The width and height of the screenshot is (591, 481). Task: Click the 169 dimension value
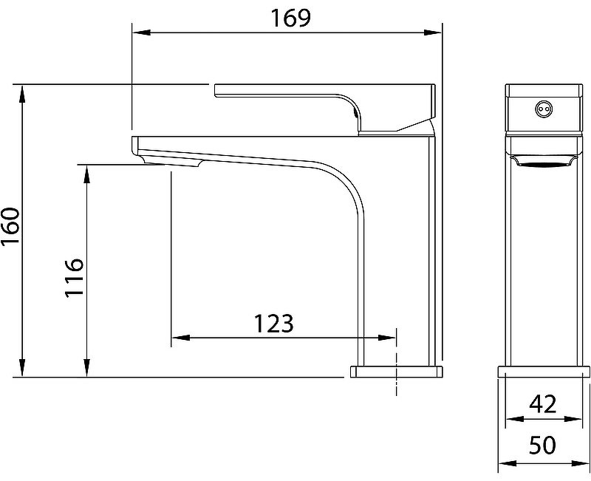click(x=291, y=18)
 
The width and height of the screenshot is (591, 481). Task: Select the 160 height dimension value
click(x=10, y=225)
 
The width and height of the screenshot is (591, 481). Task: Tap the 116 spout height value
click(x=73, y=278)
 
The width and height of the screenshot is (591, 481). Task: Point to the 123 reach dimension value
click(x=273, y=324)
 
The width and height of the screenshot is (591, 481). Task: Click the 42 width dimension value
click(x=543, y=403)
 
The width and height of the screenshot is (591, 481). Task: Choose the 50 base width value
click(x=543, y=445)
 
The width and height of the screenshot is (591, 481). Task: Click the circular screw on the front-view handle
click(x=543, y=109)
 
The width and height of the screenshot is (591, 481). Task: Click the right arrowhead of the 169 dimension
click(x=432, y=33)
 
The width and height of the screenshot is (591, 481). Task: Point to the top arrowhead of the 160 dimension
click(x=23, y=94)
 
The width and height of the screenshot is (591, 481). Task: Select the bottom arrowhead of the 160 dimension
click(x=23, y=367)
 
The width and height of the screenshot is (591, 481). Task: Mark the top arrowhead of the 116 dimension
click(x=87, y=174)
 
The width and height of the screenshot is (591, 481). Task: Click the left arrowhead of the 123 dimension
click(x=181, y=338)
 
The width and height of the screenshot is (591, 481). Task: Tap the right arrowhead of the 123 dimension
click(x=386, y=338)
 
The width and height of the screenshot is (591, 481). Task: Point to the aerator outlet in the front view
click(x=543, y=163)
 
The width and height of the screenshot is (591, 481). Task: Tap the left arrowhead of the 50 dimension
click(x=508, y=463)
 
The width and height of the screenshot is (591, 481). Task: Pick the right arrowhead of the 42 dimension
click(x=573, y=419)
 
